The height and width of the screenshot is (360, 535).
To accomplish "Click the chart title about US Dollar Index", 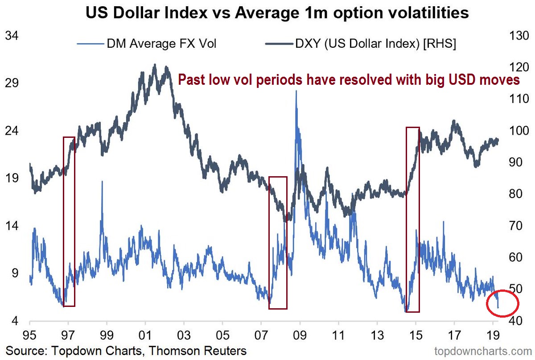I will tap(267, 12).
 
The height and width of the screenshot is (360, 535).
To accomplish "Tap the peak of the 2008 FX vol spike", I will tap(296, 91).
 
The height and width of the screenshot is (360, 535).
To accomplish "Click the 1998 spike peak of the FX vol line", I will tap(102, 182).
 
